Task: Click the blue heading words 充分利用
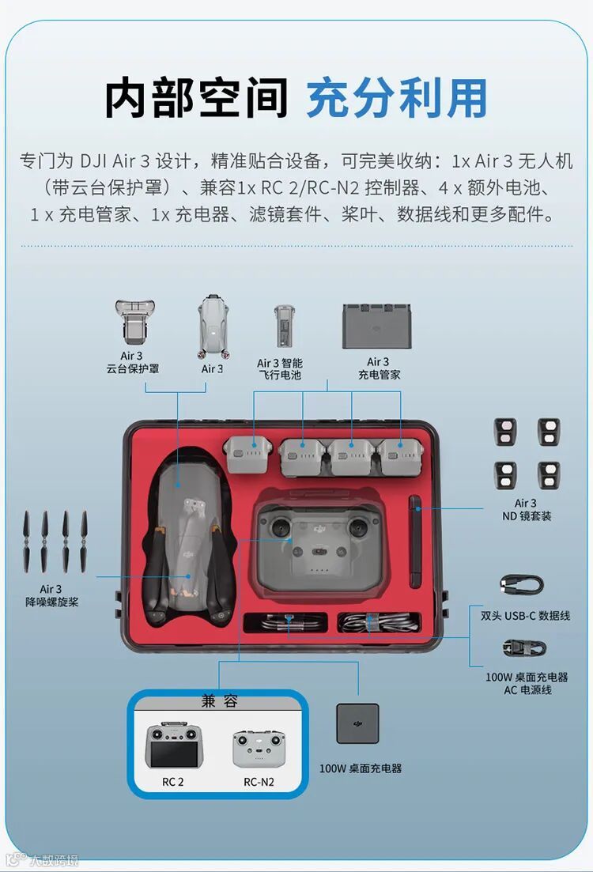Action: coord(397,98)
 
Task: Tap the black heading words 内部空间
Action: coord(196,98)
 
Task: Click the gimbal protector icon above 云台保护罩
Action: coord(134,323)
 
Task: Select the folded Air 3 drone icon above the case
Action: coord(213,327)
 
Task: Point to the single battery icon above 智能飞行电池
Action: coord(284,327)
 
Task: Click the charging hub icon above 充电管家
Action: coord(376,327)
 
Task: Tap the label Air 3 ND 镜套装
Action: coord(527,509)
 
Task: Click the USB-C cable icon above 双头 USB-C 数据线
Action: coord(522,584)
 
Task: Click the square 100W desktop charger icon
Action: coord(357,723)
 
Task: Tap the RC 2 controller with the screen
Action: coord(175,746)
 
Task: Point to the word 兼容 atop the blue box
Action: coord(219,701)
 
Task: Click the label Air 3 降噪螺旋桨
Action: coord(51,595)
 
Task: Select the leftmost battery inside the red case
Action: coord(247,454)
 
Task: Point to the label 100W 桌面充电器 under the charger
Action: coord(361,768)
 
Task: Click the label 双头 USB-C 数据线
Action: coord(526,616)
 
